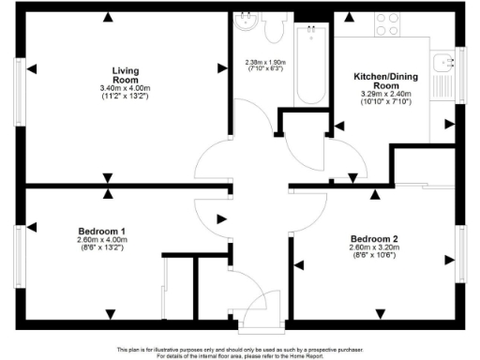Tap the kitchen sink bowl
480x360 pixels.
[x=440, y=65]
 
